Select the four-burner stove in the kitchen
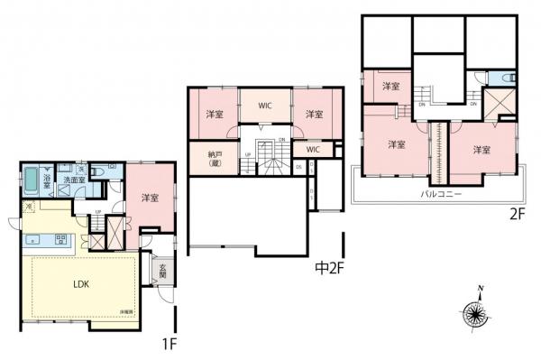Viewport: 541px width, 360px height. pos(62,240)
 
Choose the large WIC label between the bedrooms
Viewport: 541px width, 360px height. pos(265,106)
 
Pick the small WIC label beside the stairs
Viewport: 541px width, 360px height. pos(312,149)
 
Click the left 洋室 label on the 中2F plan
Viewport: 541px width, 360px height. pos(215,115)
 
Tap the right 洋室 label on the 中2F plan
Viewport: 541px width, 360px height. pos(314,115)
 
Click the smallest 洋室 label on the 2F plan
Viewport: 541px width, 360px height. pos(390,86)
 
